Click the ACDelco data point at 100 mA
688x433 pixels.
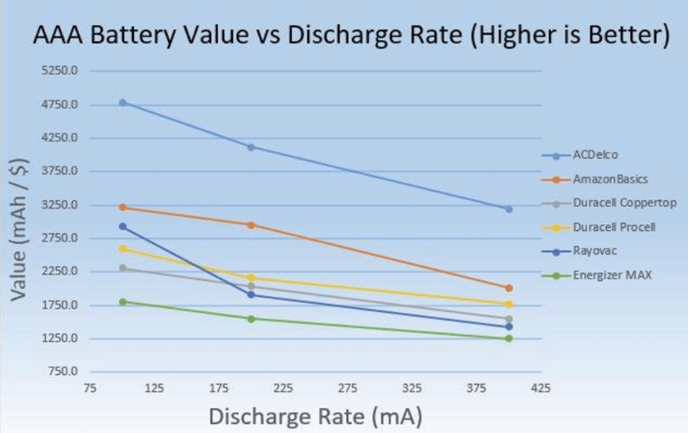[123, 102]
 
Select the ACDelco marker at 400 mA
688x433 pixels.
[509, 209]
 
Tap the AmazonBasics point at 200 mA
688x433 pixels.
[251, 224]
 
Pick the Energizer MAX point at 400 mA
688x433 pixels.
[509, 338]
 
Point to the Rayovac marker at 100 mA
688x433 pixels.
[123, 226]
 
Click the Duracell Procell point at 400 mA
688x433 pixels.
[509, 304]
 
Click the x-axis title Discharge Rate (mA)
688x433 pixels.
[315, 416]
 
